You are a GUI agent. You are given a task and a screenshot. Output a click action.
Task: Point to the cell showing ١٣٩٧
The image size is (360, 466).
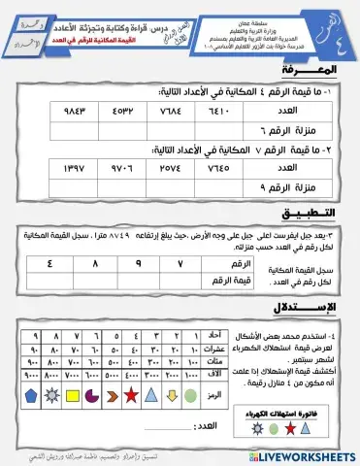[48, 169]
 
